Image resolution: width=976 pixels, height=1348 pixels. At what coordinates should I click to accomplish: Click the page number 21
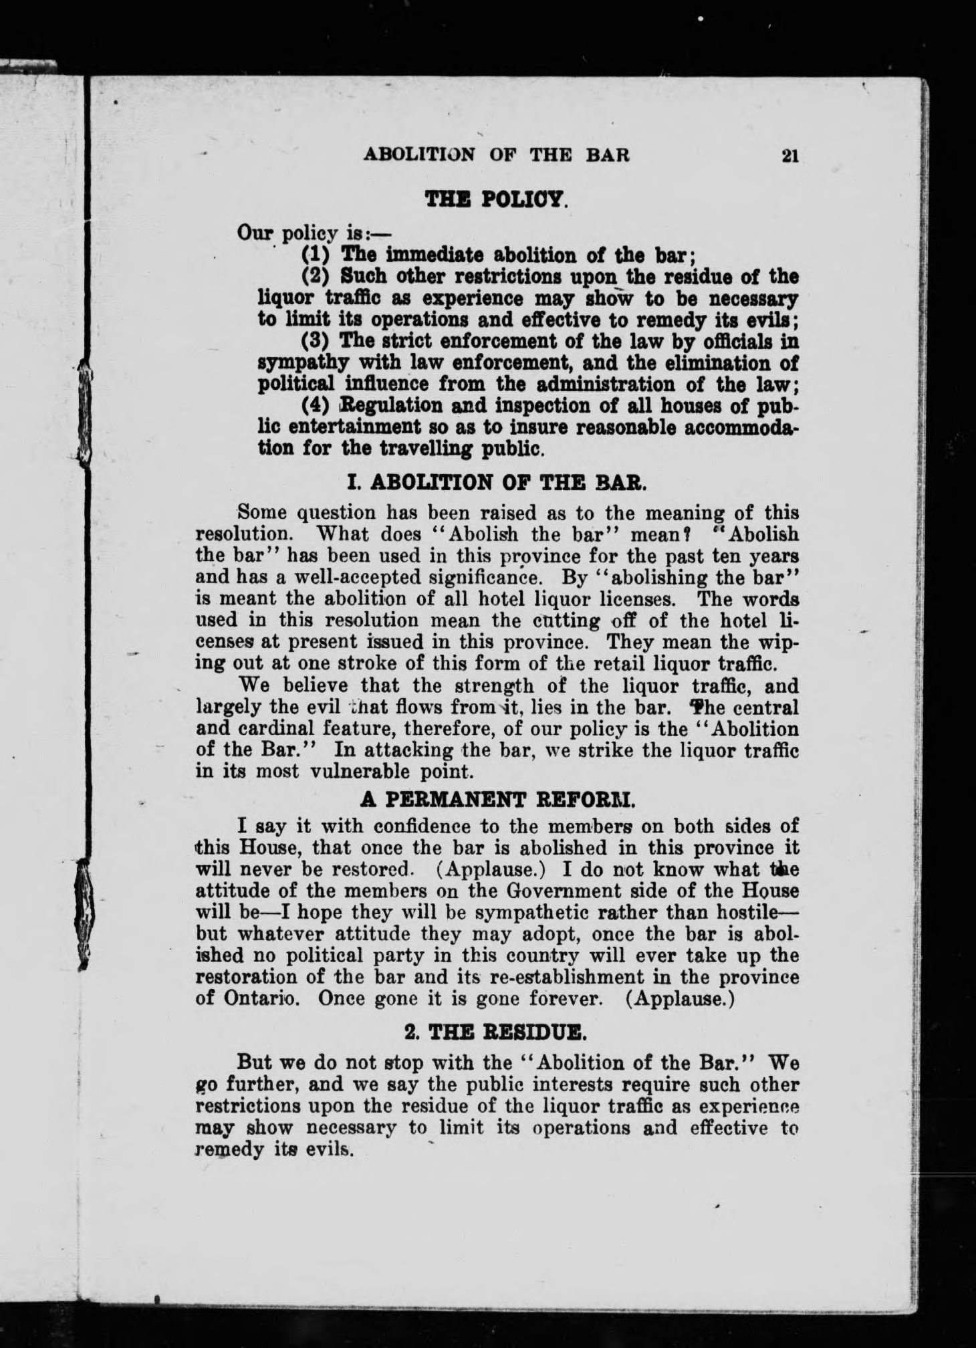(x=789, y=155)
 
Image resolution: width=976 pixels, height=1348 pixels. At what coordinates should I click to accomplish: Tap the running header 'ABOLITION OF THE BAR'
(x=497, y=155)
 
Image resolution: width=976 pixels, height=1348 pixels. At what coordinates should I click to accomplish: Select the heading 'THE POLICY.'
(x=497, y=201)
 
